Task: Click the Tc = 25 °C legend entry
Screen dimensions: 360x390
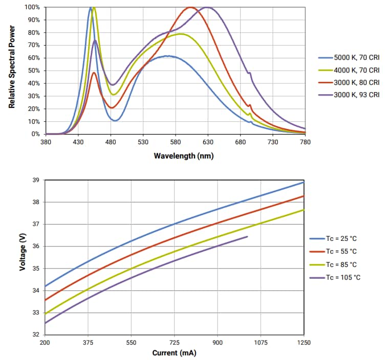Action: [x=341, y=238]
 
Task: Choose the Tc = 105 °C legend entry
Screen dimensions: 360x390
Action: [x=342, y=278]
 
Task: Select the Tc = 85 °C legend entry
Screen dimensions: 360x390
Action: [x=341, y=264]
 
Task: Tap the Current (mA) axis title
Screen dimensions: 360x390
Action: [x=174, y=353]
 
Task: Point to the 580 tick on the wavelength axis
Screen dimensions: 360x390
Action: [x=176, y=142]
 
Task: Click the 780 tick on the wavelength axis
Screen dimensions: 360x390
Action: [x=305, y=142]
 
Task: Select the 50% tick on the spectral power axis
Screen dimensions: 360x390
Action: [x=33, y=71]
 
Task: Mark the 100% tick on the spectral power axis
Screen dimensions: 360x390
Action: [x=32, y=8]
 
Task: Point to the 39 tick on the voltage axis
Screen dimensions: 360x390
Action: [x=36, y=180]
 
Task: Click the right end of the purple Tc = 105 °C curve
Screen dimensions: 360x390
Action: [x=248, y=237]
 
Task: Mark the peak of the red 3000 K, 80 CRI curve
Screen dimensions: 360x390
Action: [x=190, y=7]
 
